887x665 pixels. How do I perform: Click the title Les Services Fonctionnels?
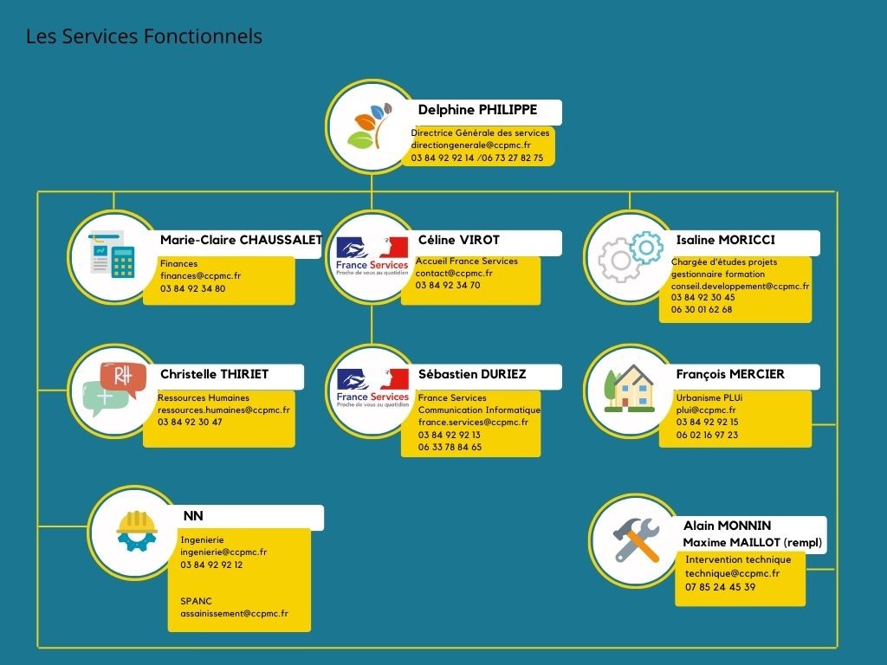click(x=145, y=36)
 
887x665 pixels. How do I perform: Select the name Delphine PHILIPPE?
click(x=477, y=110)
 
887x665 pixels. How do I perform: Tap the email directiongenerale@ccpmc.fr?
click(x=470, y=145)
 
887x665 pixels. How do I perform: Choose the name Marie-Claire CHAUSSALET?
click(x=242, y=240)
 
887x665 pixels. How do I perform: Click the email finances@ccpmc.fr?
click(x=200, y=276)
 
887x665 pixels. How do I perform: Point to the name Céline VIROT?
click(x=459, y=240)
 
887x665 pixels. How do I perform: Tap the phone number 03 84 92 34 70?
click(x=448, y=285)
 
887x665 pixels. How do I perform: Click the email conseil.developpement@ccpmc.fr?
click(x=740, y=286)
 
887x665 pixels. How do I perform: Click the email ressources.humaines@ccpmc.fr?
click(x=223, y=410)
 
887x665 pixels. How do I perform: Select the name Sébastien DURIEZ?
click(x=472, y=374)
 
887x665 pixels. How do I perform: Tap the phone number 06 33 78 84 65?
click(x=450, y=448)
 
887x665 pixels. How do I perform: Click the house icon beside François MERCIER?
click(x=629, y=388)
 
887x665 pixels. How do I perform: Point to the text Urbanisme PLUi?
click(x=709, y=397)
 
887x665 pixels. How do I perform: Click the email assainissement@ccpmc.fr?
click(x=234, y=614)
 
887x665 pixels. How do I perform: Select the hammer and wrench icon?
click(x=637, y=540)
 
